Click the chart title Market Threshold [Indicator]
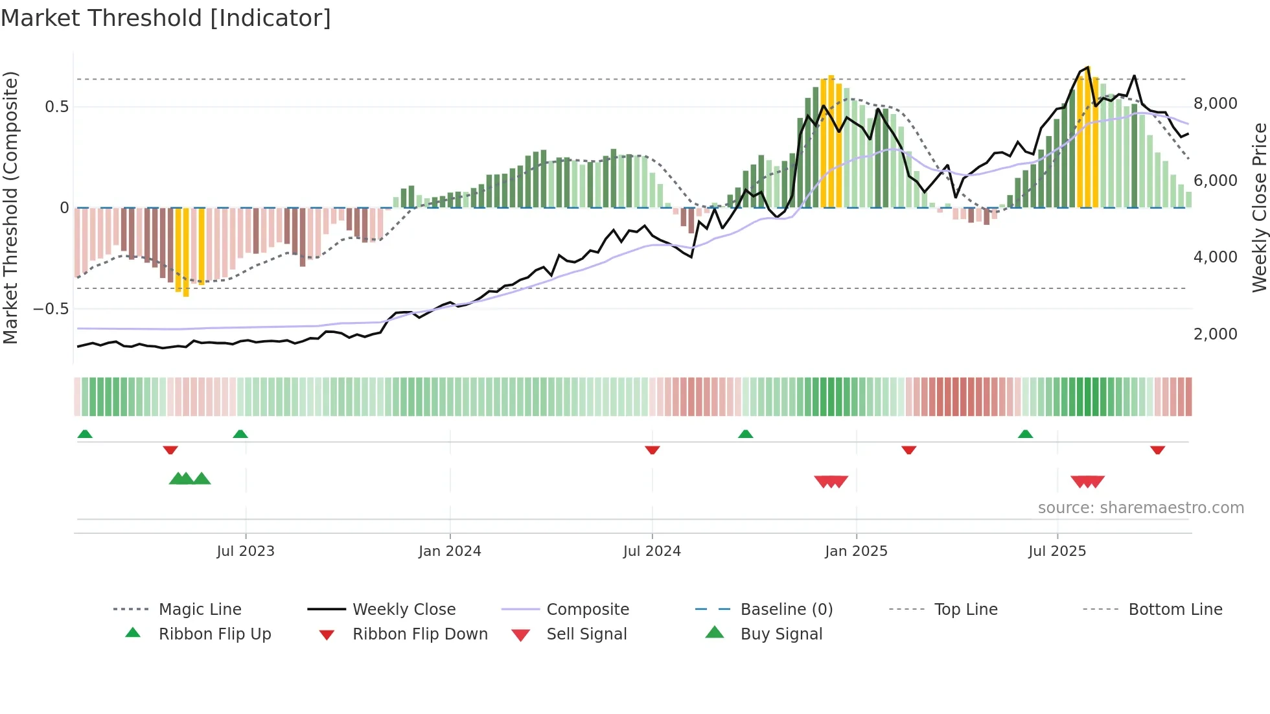coord(166,18)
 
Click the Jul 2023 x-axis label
coord(246,551)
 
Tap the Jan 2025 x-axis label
coord(856,551)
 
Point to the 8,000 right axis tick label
coord(1215,104)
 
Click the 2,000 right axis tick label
coord(1215,334)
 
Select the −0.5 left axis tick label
coord(51,309)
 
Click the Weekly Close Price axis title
coord(1259,207)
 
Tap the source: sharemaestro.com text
coord(1140,508)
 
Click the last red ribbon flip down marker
coord(1157,450)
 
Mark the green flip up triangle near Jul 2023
coord(240,434)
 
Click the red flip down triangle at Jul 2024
coord(652,450)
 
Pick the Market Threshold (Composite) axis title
coord(10,207)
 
